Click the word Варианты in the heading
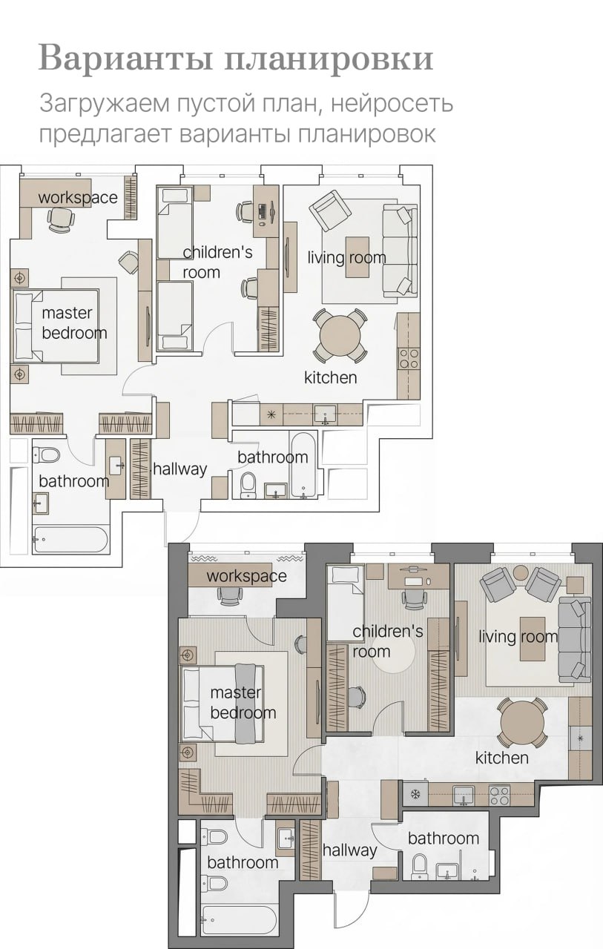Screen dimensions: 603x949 coord(126,59)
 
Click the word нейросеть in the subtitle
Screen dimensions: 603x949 coord(392,103)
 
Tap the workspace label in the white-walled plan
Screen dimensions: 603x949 coord(78,197)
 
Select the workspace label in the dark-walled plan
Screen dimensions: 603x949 coord(247,576)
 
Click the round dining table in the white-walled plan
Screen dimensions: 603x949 coord(340,336)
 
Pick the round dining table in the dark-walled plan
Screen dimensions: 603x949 coord(522,723)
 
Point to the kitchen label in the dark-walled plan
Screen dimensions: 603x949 coord(501,758)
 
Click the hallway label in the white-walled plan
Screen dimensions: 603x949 coord(180,469)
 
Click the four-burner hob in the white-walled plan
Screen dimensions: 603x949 coord(409,358)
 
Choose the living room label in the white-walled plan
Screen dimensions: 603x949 coord(346,257)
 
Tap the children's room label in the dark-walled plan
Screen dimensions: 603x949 coord(388,641)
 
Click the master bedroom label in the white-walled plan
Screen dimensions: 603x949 coord(74,323)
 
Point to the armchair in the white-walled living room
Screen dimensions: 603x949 coord(329,210)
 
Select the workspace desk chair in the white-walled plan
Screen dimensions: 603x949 coord(62,219)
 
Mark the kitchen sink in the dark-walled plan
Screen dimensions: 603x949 coord(464,794)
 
